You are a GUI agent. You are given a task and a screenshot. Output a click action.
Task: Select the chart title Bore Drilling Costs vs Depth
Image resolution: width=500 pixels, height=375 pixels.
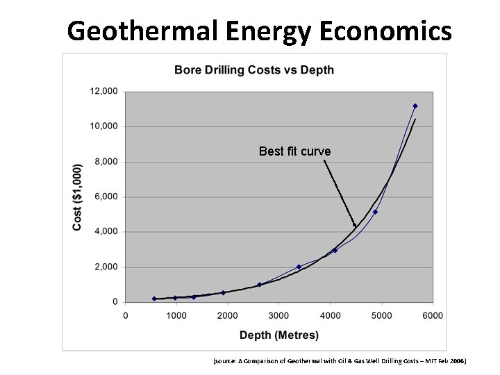click(253, 69)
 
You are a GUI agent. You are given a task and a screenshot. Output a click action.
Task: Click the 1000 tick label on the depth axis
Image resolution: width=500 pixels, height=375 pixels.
click(176, 316)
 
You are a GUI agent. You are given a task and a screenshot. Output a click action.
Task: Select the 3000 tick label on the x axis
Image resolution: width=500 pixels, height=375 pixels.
click(278, 316)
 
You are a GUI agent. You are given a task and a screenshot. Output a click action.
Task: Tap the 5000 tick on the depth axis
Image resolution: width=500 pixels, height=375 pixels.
click(381, 316)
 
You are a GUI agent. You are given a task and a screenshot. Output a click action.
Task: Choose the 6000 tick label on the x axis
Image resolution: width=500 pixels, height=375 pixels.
click(433, 316)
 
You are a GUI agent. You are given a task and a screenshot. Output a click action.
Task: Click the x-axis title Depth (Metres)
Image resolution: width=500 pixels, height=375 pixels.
click(279, 335)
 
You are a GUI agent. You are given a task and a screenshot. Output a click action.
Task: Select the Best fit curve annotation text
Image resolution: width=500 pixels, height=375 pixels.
click(294, 151)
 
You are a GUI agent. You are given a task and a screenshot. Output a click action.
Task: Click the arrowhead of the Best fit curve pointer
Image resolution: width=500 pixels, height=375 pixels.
click(355, 225)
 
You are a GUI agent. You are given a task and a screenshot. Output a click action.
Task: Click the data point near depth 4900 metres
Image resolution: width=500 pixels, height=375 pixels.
click(375, 212)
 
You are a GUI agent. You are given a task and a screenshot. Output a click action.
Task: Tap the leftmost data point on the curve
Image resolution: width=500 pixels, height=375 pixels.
click(154, 299)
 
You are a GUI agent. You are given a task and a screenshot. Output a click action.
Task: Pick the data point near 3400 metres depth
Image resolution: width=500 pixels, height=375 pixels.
click(299, 267)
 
